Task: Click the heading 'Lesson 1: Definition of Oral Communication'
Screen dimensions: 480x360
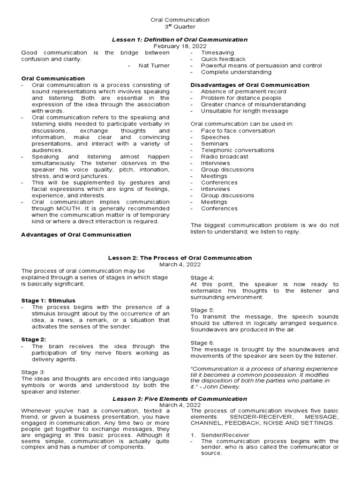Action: (180, 40)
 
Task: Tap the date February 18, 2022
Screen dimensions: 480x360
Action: (180, 47)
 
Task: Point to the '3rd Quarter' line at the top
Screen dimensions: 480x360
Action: (180, 27)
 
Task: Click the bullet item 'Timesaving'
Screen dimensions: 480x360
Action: (217, 53)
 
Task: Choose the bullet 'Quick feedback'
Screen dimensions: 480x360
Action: (223, 60)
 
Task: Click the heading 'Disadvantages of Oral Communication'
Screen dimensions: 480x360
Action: (250, 85)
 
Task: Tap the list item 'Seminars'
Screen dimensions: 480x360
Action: (215, 143)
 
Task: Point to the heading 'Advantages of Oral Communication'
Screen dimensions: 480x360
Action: (76, 234)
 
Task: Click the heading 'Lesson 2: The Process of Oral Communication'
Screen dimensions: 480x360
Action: (180, 258)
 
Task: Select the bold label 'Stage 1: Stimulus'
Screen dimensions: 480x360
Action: (48, 300)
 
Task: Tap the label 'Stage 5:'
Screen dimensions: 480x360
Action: (202, 310)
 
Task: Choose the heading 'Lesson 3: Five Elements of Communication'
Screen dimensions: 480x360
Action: (180, 398)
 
